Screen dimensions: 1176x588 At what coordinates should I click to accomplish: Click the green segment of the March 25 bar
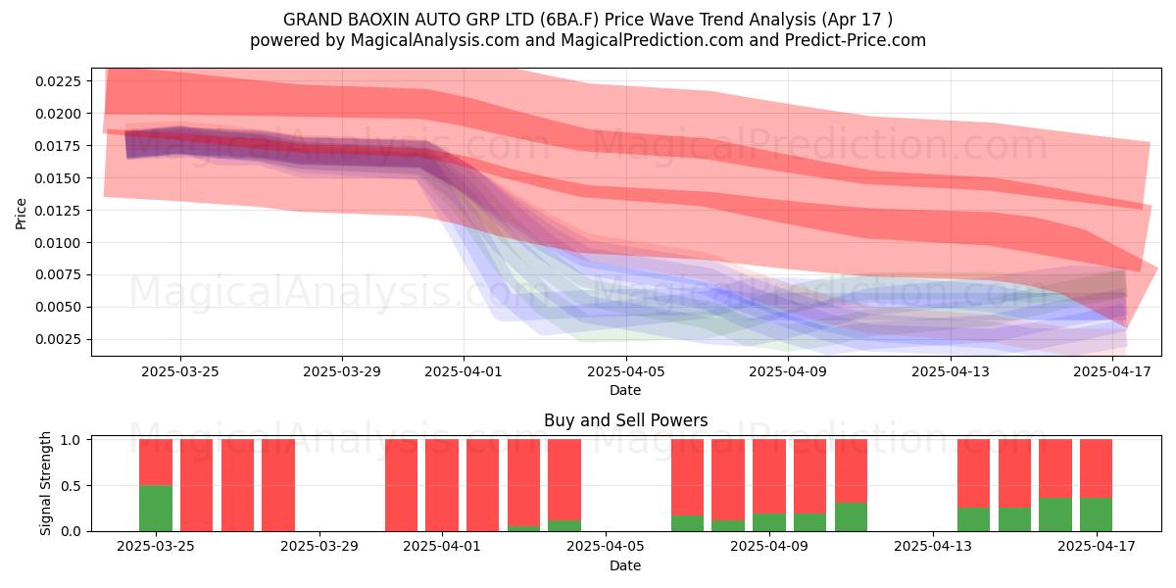(x=156, y=509)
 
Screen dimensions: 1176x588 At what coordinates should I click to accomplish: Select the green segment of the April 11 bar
(x=851, y=517)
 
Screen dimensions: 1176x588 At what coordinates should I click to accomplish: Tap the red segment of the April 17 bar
(x=1097, y=468)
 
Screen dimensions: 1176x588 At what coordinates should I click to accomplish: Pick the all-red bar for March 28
(x=278, y=485)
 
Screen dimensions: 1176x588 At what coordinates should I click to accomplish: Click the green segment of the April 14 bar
(x=974, y=519)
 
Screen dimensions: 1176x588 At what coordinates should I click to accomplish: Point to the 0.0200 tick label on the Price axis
(x=58, y=114)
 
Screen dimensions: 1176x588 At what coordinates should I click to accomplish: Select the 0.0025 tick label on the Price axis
(x=58, y=340)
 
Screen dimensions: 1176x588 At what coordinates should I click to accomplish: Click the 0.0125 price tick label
(x=58, y=211)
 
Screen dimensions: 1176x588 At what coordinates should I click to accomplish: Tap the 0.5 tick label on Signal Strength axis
(x=72, y=486)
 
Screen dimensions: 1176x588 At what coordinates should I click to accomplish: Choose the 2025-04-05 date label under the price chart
(x=626, y=371)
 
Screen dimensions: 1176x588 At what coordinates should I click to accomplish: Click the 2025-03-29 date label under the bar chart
(x=319, y=547)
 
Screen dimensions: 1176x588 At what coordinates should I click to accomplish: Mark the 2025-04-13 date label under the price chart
(x=951, y=371)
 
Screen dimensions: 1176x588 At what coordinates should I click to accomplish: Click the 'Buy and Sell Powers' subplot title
(x=626, y=420)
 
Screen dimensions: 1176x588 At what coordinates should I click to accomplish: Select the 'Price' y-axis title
(x=21, y=214)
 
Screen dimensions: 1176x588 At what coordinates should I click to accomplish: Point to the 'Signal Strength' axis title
(x=46, y=483)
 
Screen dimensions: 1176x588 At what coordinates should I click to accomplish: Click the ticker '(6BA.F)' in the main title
(x=569, y=20)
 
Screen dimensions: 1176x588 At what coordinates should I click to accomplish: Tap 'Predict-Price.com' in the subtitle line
(x=856, y=40)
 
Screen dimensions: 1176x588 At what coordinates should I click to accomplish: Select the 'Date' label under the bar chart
(x=625, y=565)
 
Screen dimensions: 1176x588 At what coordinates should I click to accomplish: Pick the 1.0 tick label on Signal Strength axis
(x=72, y=440)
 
